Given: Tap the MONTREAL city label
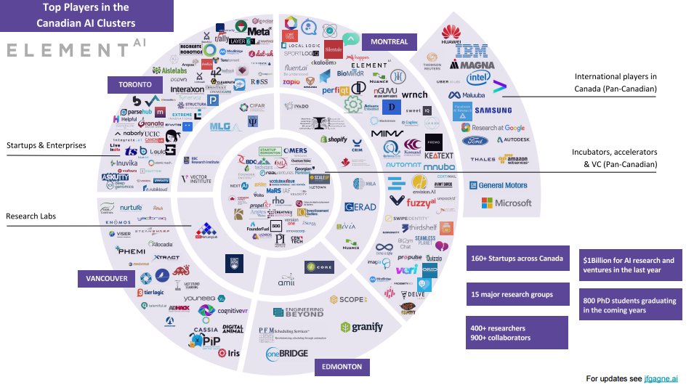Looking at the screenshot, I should (x=389, y=41).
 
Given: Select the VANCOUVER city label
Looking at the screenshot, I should (x=105, y=279).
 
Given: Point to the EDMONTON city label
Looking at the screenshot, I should (x=339, y=367).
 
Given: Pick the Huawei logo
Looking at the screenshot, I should (x=451, y=33).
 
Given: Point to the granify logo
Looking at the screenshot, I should (x=362, y=327).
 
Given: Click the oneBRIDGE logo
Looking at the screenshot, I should (x=287, y=354).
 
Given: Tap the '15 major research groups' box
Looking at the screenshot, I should (x=511, y=294).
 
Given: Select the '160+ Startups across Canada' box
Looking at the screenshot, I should (x=517, y=258).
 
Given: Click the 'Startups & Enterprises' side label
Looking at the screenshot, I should (x=47, y=145).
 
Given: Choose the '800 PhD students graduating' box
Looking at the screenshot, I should (x=629, y=305).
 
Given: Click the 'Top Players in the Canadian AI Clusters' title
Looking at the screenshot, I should (x=86, y=15).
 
